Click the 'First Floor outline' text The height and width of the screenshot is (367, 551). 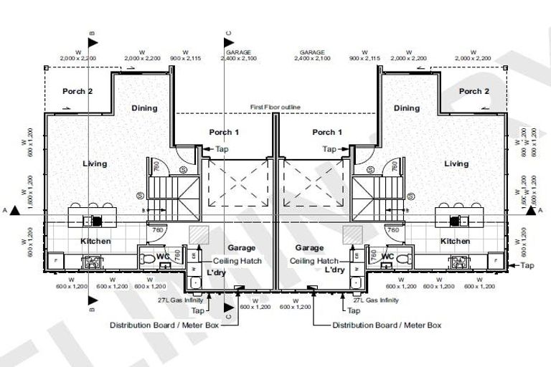pos(275,107)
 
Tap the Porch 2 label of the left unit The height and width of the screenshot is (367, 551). pos(77,91)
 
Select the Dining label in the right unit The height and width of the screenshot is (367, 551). pos(406,108)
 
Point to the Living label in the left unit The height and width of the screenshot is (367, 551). pos(94,163)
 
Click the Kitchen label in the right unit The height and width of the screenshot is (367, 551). pos(455,242)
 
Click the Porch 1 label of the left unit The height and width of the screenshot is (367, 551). pos(224,132)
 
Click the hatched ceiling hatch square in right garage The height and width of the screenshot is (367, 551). pos(352,234)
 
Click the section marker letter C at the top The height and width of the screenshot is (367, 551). pos(227,33)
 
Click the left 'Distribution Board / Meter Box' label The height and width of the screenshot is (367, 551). pos(164,325)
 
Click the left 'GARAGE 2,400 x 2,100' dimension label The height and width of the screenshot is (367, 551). pos(238,55)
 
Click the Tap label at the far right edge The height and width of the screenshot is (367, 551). pos(527,266)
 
